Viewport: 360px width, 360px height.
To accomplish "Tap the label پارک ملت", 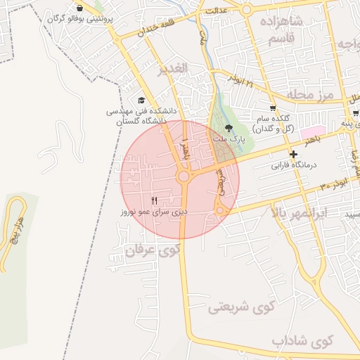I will coord(228,139).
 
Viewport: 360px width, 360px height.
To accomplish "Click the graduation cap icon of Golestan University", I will coord(142,101).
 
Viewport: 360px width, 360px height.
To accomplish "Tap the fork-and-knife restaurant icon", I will coord(154,200).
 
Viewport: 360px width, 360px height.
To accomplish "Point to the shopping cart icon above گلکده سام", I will coord(272,108).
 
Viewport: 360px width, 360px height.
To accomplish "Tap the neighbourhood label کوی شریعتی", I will coord(240,307).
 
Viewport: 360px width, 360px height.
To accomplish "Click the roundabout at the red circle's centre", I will coord(184,176).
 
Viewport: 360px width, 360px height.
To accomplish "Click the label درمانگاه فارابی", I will coord(295,165).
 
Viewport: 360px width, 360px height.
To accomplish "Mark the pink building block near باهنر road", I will coord(310,131).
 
